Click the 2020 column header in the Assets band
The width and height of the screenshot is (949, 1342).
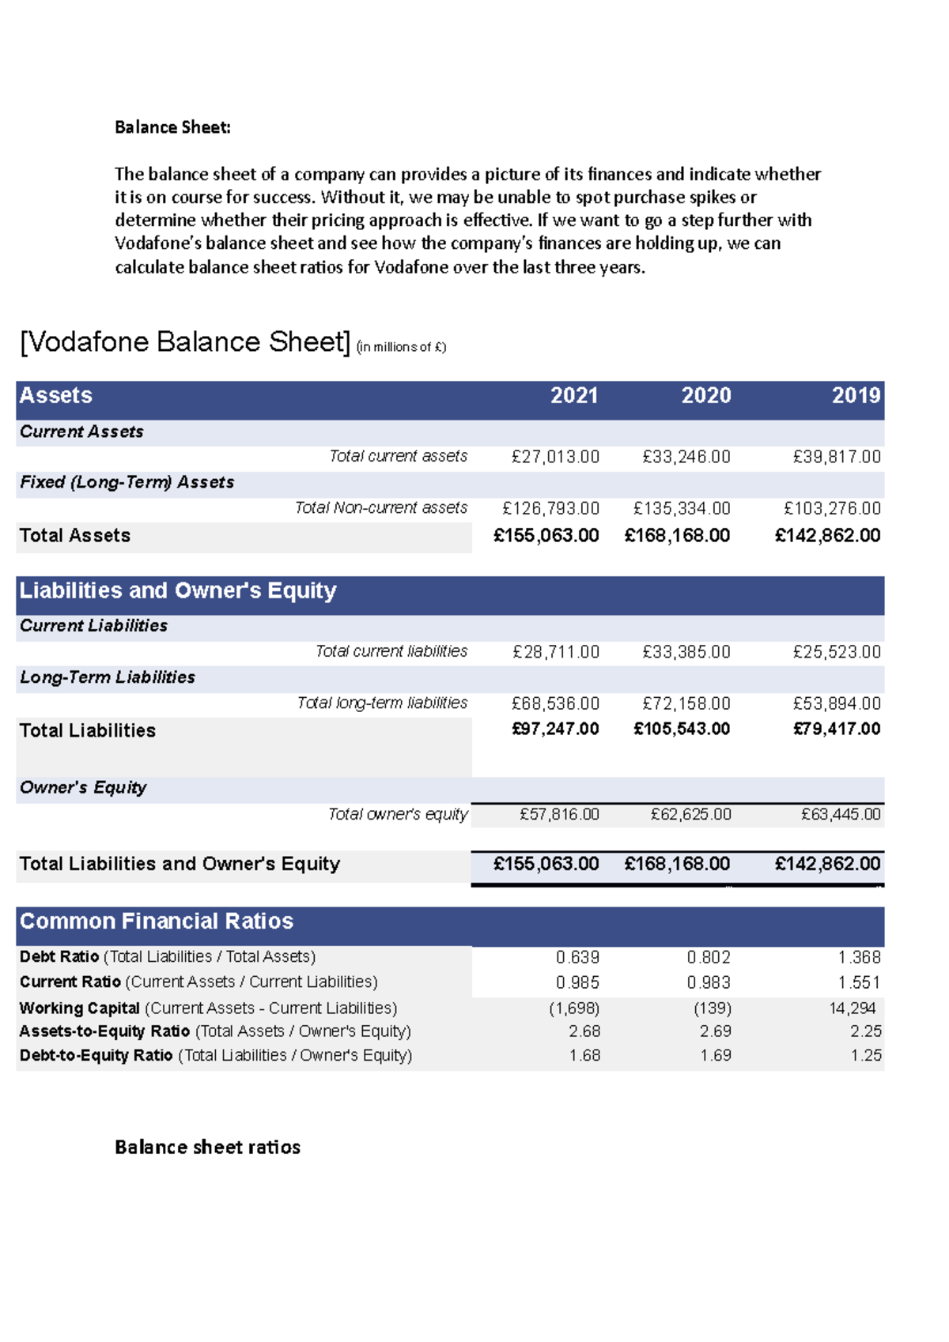coord(705,396)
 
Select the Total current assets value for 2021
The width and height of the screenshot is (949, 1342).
coord(555,457)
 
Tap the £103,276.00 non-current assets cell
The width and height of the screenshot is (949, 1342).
coord(831,508)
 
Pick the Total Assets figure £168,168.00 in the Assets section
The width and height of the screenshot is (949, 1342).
coord(677,536)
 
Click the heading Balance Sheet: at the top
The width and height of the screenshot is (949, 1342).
coord(172,127)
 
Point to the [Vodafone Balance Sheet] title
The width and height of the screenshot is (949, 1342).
coord(185,342)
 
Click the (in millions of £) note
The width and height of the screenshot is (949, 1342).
coord(401,347)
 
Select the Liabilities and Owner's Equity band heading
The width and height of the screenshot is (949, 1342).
coord(178,591)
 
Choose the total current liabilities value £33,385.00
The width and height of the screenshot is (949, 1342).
coord(686,652)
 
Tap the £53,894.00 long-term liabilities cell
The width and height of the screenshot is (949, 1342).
coord(837,703)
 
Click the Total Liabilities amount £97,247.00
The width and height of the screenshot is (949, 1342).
coord(555,729)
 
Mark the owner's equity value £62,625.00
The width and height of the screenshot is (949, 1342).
coord(690,814)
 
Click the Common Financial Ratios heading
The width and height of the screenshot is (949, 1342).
coord(157,922)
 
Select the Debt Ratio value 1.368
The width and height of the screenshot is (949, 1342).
coord(859,957)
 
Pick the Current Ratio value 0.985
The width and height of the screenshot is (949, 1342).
coord(577,982)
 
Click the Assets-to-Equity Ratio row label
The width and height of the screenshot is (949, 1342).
coord(215,1031)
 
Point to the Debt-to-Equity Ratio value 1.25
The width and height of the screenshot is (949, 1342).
coord(865,1056)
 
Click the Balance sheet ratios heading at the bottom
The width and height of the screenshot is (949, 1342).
coord(207,1148)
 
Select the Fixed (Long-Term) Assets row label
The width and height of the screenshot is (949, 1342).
coord(127,483)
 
